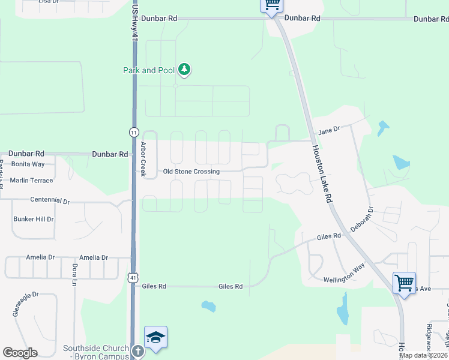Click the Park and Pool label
coord(149,70)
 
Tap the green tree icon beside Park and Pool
coord(184,70)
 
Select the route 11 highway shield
coord(133,131)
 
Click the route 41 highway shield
coord(133,277)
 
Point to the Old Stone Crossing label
coord(191,172)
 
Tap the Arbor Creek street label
coord(143,160)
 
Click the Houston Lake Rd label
coord(321,174)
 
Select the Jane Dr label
coord(329,130)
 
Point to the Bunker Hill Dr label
coord(34,219)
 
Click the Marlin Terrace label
coord(31,181)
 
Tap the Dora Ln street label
coord(75,274)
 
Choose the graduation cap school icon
coord(155,338)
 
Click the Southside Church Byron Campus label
coord(96,352)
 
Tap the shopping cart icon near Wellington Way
coord(404,282)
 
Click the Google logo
coord(20,353)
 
